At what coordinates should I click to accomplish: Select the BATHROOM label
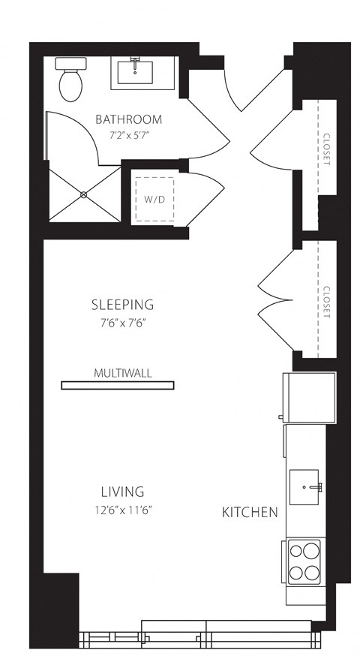click(x=128, y=119)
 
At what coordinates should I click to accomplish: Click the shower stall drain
click(x=83, y=194)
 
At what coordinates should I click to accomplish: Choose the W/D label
click(x=153, y=199)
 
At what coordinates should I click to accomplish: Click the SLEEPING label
click(x=122, y=305)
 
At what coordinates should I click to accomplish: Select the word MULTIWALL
click(x=119, y=372)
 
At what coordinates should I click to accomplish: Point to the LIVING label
click(x=122, y=492)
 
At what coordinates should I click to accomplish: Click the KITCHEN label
click(x=250, y=513)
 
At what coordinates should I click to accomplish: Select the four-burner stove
click(x=304, y=561)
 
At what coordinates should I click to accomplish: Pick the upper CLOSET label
click(x=327, y=150)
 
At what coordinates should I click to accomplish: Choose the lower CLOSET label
click(x=327, y=302)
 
